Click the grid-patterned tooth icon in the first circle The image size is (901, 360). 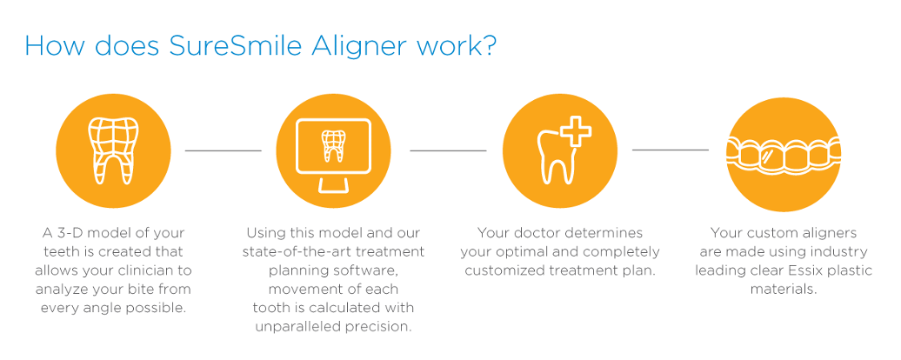[113, 151]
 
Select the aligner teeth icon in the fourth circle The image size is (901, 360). [784, 155]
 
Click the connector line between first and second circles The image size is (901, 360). [223, 150]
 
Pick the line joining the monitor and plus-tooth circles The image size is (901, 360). [448, 150]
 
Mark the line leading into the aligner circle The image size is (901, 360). [671, 150]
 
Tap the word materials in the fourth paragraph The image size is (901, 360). [784, 289]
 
